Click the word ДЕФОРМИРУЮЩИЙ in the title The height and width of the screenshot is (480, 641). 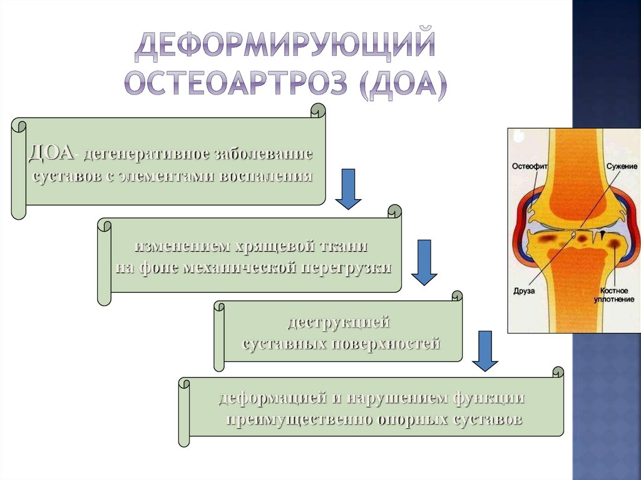click(x=285, y=46)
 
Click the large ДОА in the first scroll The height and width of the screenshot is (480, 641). click(x=51, y=153)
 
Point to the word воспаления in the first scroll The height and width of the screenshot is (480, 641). click(x=265, y=175)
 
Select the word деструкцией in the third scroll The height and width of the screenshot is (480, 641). click(x=339, y=323)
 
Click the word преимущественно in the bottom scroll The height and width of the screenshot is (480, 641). click(x=298, y=419)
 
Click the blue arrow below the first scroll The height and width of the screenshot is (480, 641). click(x=348, y=188)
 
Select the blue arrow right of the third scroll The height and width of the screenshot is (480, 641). click(x=485, y=350)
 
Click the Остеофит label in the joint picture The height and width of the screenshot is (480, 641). click(x=530, y=167)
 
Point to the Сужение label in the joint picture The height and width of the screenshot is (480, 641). click(x=622, y=167)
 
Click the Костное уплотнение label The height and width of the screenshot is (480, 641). click(x=618, y=296)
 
